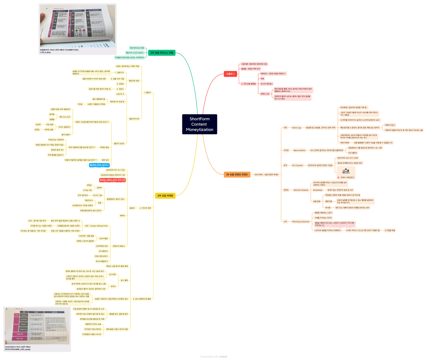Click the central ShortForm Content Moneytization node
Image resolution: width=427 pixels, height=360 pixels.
click(200, 124)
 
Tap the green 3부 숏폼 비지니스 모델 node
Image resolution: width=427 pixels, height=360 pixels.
click(162, 53)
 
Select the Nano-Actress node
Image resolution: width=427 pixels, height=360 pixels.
click(299, 150)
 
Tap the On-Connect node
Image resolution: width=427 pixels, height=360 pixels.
click(298, 165)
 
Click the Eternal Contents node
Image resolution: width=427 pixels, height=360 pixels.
click(301, 190)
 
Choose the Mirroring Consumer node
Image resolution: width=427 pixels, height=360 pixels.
click(301, 222)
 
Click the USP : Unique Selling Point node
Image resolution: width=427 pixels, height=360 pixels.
click(96, 226)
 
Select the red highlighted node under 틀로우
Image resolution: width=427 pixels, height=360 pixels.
click(112, 180)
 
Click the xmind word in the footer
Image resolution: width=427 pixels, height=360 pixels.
click(222, 356)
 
